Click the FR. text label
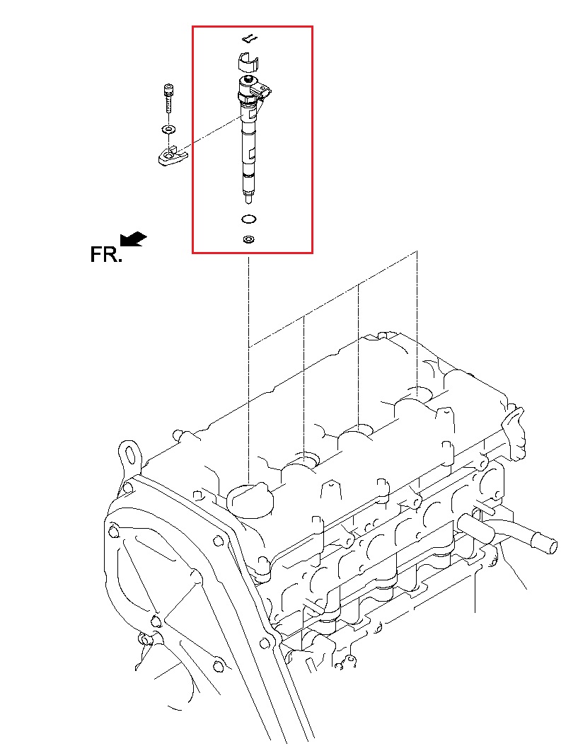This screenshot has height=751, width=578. (106, 255)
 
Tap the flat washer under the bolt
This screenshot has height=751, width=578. (168, 130)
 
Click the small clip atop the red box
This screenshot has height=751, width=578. (249, 38)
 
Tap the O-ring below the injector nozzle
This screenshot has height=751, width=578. (248, 219)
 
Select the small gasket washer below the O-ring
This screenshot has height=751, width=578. (248, 239)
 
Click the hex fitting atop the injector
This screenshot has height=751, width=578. (246, 84)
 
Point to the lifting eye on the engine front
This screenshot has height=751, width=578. (129, 452)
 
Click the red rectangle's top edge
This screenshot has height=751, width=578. (253, 27)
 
